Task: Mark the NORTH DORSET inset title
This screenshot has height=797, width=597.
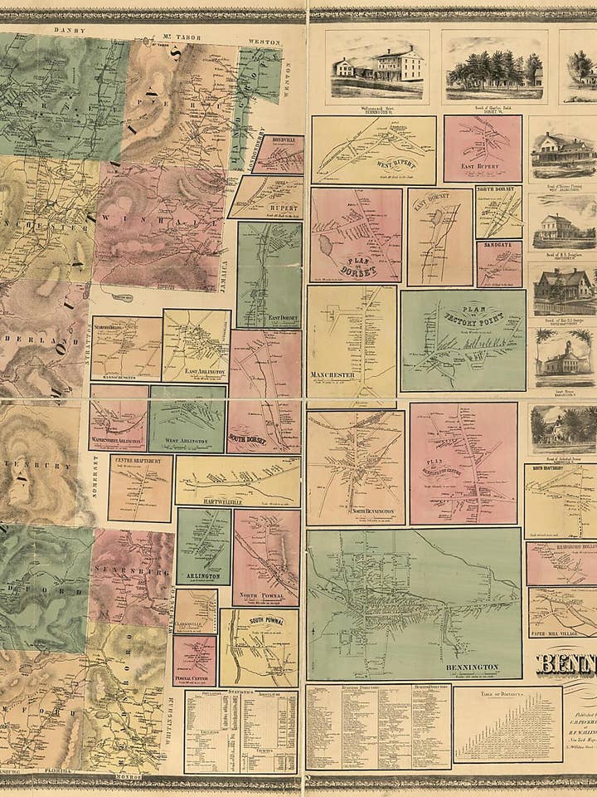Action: tap(498, 189)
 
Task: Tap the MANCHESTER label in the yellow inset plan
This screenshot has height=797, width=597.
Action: tap(332, 375)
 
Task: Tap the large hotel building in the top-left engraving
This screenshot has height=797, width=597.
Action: tap(394, 63)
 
